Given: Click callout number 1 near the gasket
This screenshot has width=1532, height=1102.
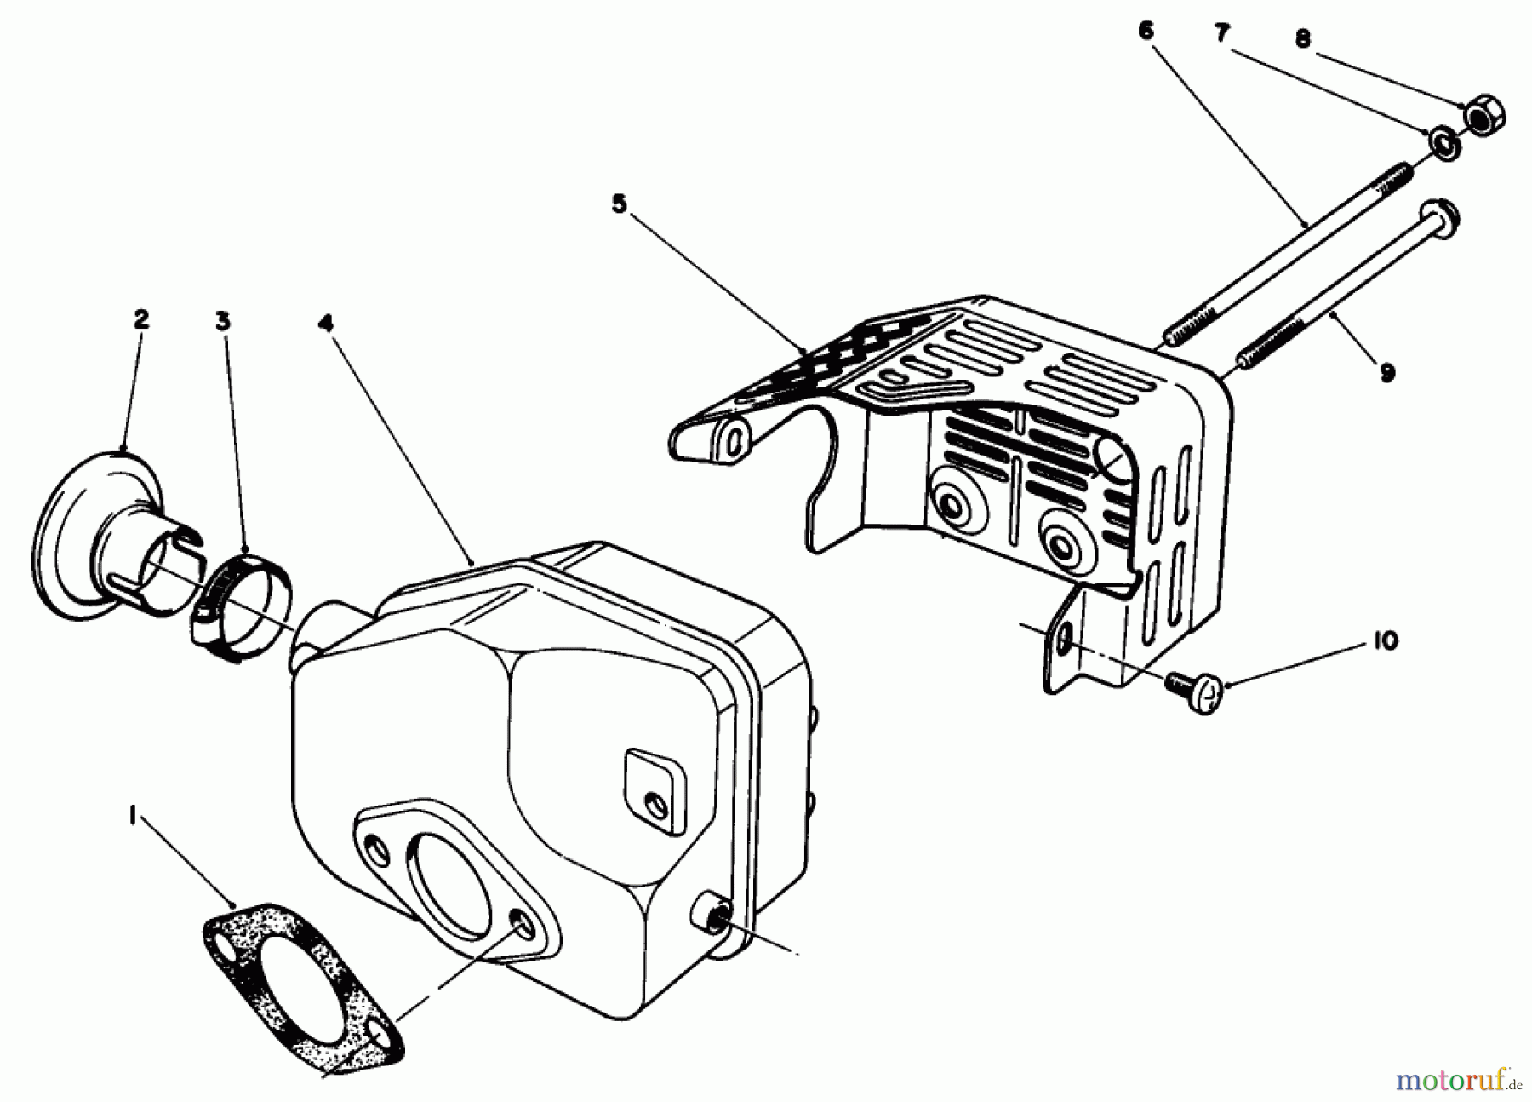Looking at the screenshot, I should tap(132, 817).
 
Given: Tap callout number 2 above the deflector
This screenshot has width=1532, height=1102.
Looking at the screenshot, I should tap(141, 320).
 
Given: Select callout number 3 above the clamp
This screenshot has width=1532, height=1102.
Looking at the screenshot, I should tap(222, 321).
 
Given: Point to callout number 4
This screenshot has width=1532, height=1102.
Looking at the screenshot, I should tap(326, 324).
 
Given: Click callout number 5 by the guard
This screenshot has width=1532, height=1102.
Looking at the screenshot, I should tap(619, 204).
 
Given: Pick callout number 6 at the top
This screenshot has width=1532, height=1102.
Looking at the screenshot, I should tap(1146, 32).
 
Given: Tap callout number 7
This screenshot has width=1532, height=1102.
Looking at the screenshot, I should tap(1221, 34).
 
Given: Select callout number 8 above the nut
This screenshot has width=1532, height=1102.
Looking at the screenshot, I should tap(1303, 39).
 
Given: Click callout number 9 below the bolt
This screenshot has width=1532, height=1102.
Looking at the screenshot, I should tap(1386, 372).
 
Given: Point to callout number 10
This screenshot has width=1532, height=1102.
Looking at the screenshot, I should tap(1385, 641).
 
